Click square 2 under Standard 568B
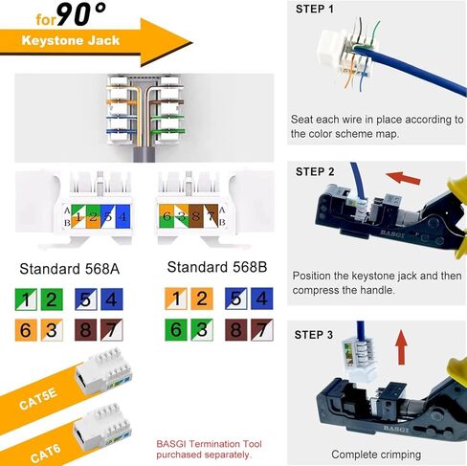pyautogui.click(x=201, y=300)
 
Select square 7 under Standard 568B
pyautogui.click(x=258, y=332)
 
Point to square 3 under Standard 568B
pyautogui.click(x=201, y=332)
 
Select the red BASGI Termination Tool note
pyautogui.click(x=203, y=449)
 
